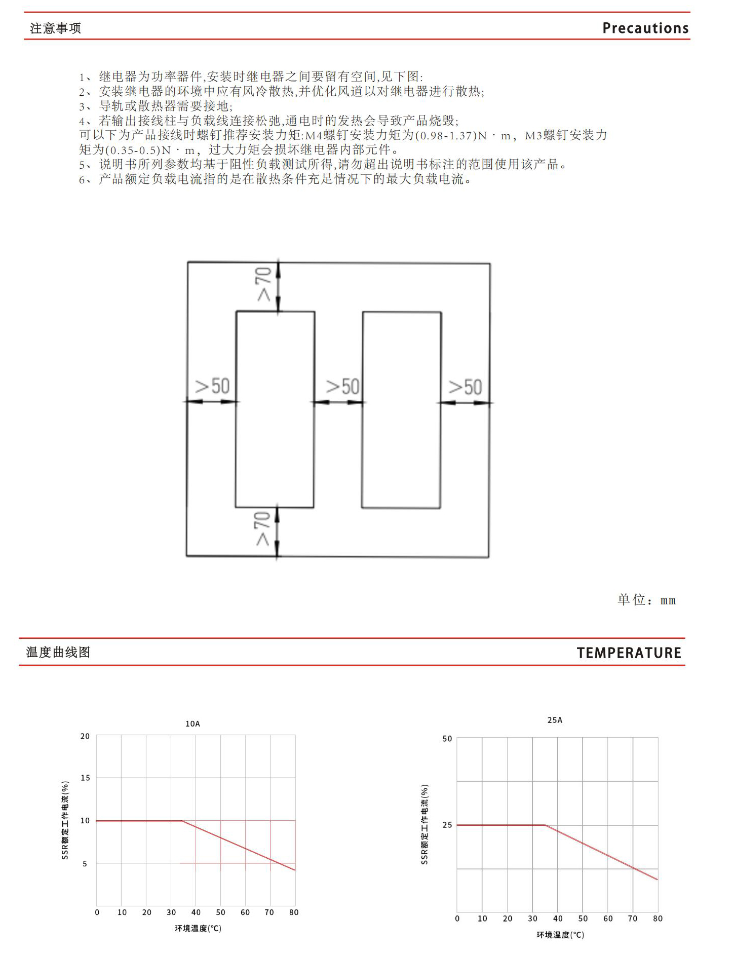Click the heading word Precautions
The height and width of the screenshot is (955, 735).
645,28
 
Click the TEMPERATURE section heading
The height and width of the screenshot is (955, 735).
629,653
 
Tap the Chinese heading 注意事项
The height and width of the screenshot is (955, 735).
55,28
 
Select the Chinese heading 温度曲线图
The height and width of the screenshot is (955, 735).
58,653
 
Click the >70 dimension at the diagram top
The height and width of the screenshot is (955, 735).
264,284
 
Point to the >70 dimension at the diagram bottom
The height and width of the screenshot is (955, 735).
262,528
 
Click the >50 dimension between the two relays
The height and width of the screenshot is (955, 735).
342,387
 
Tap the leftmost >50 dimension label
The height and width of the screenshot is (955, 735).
212,386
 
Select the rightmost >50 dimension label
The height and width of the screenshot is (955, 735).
466,387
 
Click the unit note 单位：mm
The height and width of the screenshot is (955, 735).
646,600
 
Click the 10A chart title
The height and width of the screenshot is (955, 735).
192,724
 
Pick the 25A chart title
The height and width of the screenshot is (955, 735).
555,720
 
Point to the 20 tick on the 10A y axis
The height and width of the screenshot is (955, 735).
85,736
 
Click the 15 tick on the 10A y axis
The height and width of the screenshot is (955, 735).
85,778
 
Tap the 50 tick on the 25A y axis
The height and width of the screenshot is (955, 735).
447,739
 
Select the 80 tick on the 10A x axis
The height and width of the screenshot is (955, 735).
294,912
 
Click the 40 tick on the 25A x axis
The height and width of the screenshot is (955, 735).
558,919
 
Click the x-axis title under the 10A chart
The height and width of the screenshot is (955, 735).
198,928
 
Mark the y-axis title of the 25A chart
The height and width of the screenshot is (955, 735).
424,825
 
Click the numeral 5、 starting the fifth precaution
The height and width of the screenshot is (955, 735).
86,165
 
